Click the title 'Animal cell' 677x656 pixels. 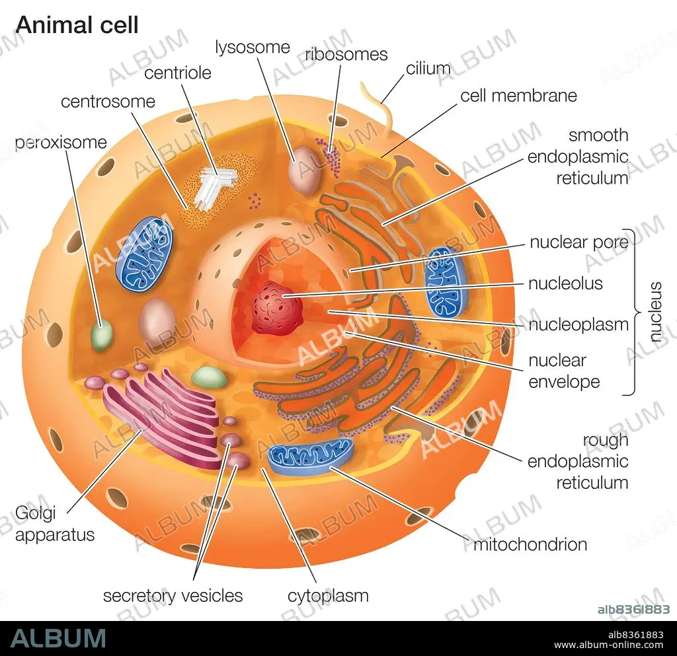(x=77, y=25)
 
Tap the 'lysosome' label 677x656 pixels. (x=253, y=48)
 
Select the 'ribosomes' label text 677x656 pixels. (x=346, y=54)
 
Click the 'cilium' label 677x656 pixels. (x=428, y=68)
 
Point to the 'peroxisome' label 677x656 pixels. (x=61, y=143)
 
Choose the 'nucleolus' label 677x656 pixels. (x=566, y=283)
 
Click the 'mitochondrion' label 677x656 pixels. (x=530, y=544)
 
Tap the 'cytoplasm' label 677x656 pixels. (x=328, y=597)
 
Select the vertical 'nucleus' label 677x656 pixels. (x=655, y=312)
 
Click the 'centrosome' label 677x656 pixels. (x=108, y=102)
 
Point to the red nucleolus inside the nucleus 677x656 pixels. (x=277, y=307)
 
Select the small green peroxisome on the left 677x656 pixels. (x=101, y=335)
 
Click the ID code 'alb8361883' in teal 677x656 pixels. (x=633, y=609)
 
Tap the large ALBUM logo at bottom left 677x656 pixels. (x=58, y=638)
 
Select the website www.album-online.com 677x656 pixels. (x=609, y=645)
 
